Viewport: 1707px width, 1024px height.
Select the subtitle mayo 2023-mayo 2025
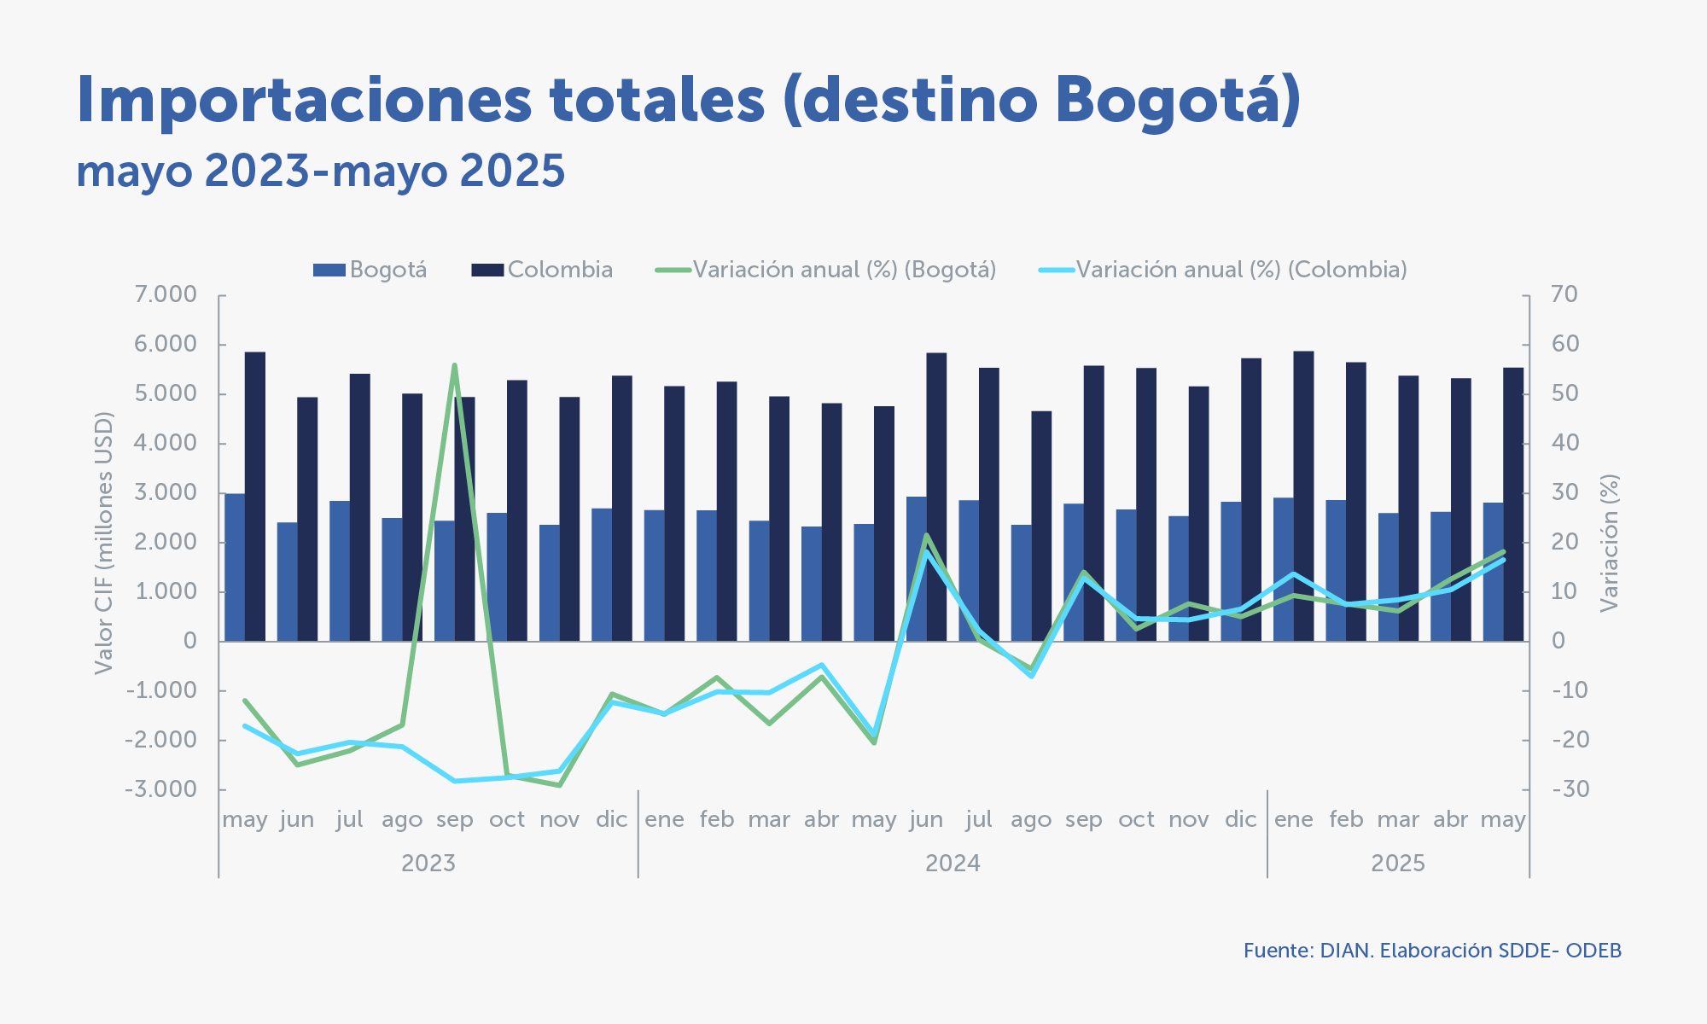tap(320, 171)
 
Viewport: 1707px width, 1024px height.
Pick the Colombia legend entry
tap(543, 270)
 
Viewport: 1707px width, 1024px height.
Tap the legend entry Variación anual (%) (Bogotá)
tap(826, 270)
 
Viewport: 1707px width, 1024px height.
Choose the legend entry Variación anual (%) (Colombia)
tap(1223, 270)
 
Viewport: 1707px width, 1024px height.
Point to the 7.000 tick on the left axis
tap(166, 295)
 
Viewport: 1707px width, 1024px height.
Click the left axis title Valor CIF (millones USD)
tap(103, 543)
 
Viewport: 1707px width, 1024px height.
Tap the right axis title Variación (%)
tap(1609, 543)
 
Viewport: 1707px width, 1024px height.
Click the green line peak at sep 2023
tap(455, 365)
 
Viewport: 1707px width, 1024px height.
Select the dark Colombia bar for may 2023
tap(255, 495)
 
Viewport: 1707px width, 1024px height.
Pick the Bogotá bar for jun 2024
tap(917, 568)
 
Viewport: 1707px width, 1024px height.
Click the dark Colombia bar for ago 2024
tap(1041, 526)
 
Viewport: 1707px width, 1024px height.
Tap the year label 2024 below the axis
tap(953, 864)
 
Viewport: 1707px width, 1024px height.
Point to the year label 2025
tap(1398, 864)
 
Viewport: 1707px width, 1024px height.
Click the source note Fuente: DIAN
tap(1432, 951)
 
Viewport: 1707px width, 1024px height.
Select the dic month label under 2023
tap(612, 820)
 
